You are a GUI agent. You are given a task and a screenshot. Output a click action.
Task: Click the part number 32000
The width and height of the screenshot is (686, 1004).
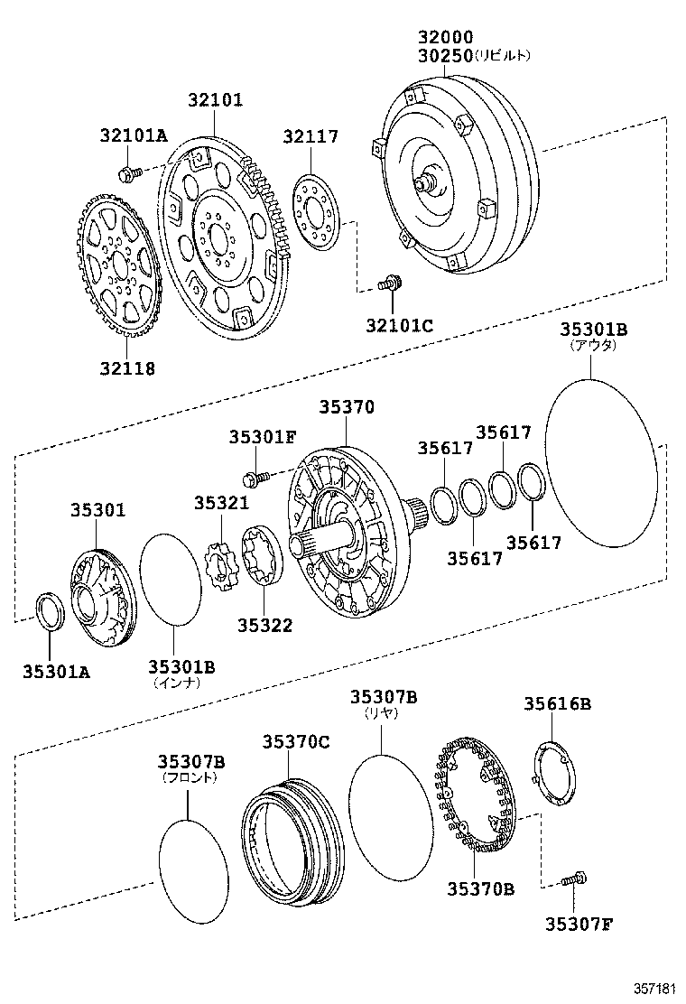(x=445, y=37)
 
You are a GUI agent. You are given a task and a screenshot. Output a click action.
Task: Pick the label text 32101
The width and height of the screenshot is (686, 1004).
(x=215, y=100)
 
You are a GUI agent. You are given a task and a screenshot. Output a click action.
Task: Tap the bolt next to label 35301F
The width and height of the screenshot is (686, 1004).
(x=255, y=474)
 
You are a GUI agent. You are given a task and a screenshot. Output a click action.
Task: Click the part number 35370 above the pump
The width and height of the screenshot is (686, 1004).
(x=346, y=408)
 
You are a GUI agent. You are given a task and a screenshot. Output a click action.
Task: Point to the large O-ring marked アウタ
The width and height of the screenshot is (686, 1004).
(x=599, y=462)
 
